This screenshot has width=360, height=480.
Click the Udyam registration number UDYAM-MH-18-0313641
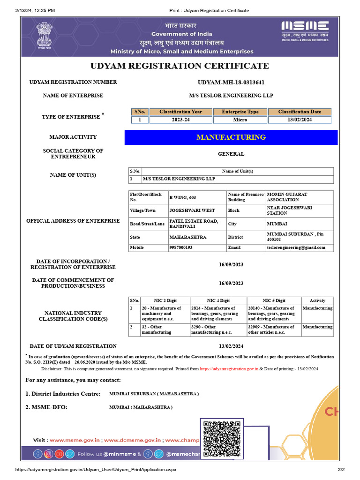[x=231, y=82]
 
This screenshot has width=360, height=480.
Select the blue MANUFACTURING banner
[x=231, y=137]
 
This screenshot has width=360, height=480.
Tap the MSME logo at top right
[x=305, y=32]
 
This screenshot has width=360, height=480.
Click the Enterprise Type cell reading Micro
[x=240, y=120]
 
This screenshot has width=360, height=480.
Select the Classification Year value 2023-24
[x=180, y=120]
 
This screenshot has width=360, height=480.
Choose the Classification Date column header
[x=300, y=112]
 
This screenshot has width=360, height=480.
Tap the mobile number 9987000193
[x=181, y=247]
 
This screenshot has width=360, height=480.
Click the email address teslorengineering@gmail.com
[x=295, y=247]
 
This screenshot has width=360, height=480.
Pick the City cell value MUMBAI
[x=277, y=224]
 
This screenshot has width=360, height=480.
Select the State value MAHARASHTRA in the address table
[x=187, y=237]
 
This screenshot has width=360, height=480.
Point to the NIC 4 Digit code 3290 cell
[x=217, y=330]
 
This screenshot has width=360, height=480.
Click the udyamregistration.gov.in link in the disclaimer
[x=229, y=369]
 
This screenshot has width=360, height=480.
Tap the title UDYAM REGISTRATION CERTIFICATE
[x=180, y=66]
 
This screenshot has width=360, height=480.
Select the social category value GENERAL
[x=231, y=154]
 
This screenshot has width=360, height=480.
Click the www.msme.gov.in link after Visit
[x=75, y=440]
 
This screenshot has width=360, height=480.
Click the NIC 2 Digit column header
[x=165, y=300]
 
